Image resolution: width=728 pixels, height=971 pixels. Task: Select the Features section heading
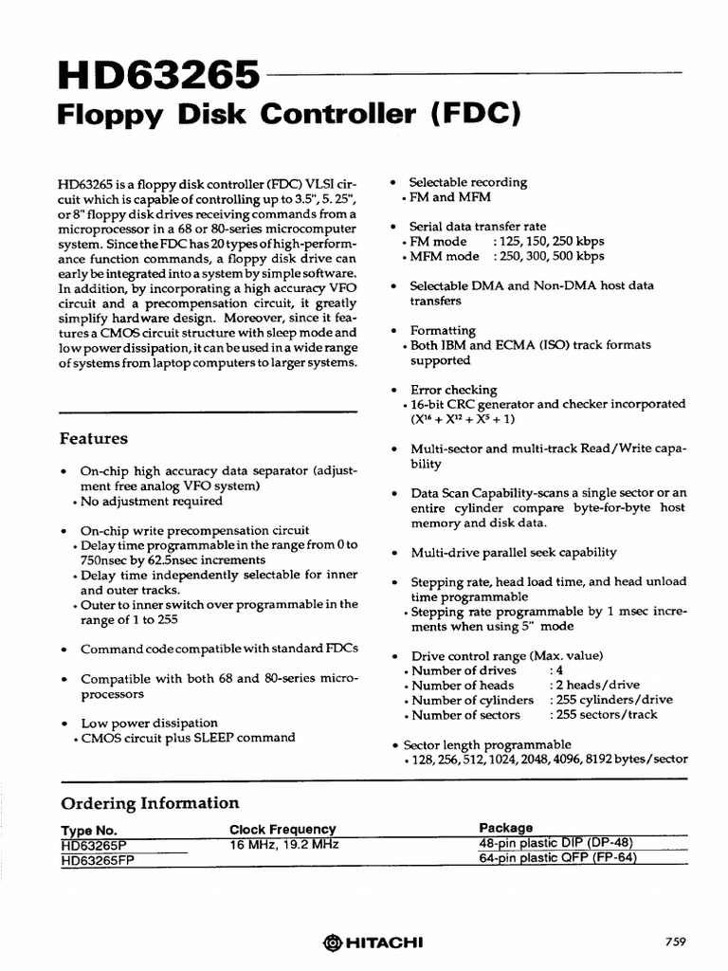(x=94, y=439)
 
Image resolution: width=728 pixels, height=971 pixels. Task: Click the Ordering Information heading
(x=150, y=803)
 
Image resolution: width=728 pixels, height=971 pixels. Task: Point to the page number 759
(x=675, y=941)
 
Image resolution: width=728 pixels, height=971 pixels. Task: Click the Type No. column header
(x=88, y=829)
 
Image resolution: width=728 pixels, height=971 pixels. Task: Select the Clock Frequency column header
(x=282, y=829)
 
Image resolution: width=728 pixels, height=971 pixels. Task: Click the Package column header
(x=505, y=828)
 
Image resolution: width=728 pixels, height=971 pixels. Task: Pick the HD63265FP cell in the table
(x=99, y=858)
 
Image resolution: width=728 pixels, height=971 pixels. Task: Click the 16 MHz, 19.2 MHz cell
(x=284, y=843)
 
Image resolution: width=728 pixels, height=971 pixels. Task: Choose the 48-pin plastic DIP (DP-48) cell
(x=555, y=842)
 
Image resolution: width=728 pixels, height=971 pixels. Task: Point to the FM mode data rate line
(x=506, y=242)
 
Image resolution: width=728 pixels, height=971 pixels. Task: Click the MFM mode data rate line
(x=506, y=256)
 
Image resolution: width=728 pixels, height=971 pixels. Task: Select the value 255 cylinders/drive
(x=611, y=700)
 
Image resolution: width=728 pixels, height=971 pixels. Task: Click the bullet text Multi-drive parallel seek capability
(x=513, y=552)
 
